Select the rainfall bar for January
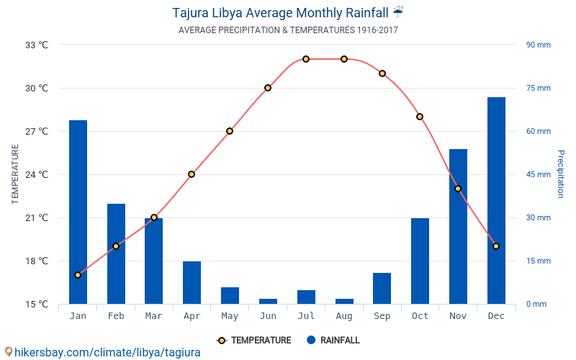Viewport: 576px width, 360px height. coord(78,212)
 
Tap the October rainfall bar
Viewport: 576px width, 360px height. coord(420,261)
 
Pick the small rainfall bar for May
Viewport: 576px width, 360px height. coord(230,295)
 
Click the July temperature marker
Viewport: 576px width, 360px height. coord(306,59)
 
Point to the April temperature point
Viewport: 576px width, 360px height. coord(192,174)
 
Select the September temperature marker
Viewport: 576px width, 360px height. coord(382,73)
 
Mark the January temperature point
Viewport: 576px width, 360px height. coord(78,275)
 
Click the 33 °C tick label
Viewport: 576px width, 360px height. coord(37,45)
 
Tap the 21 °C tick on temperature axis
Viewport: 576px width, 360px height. coord(37,217)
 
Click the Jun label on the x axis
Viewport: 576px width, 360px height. coord(268,316)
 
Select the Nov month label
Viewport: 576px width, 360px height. coord(458,316)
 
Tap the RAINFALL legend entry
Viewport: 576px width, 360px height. coord(333,341)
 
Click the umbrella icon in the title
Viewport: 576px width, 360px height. coord(398,12)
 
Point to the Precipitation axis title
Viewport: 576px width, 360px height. coord(561,174)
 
